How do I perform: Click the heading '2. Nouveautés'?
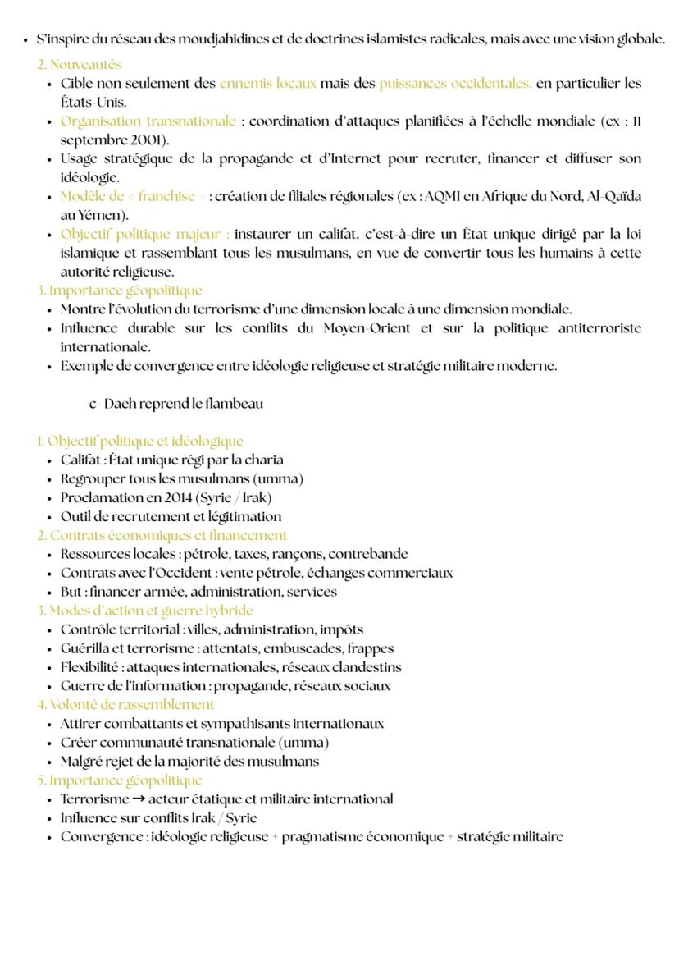79,64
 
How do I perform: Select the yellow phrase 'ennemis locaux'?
267,83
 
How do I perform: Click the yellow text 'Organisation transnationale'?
148,121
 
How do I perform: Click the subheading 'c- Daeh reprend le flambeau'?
175,404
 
